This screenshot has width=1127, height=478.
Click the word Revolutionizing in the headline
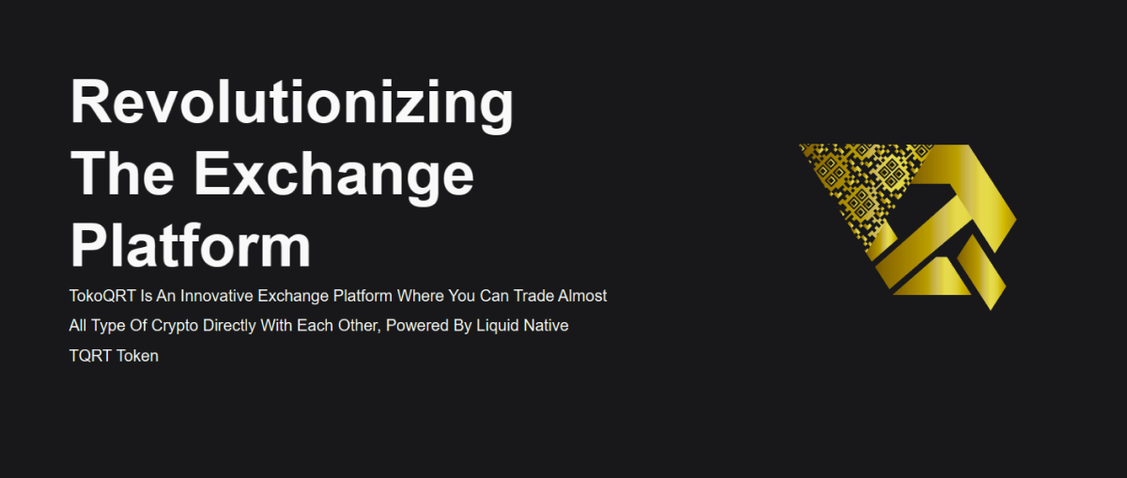pos(292,104)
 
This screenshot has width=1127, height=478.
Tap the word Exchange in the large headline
pos(333,177)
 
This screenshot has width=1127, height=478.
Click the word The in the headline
pos(122,174)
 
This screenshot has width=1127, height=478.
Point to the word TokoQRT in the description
pos(102,296)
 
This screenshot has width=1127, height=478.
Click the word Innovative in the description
pos(217,296)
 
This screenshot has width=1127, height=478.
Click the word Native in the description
pos(547,326)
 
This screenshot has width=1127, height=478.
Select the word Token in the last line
pos(138,356)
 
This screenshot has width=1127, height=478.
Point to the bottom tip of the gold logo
pos(991,310)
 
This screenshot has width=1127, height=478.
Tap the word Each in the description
pos(313,326)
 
